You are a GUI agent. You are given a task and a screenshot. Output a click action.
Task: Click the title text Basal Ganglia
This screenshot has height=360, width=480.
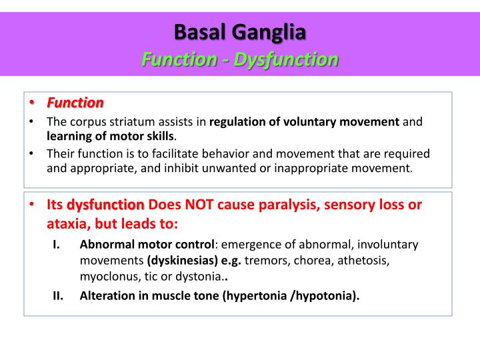coord(240,31)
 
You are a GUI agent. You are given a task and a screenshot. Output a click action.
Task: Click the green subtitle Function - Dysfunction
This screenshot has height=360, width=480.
coord(240,59)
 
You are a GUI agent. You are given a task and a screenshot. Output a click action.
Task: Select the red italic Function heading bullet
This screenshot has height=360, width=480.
coord(75,103)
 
